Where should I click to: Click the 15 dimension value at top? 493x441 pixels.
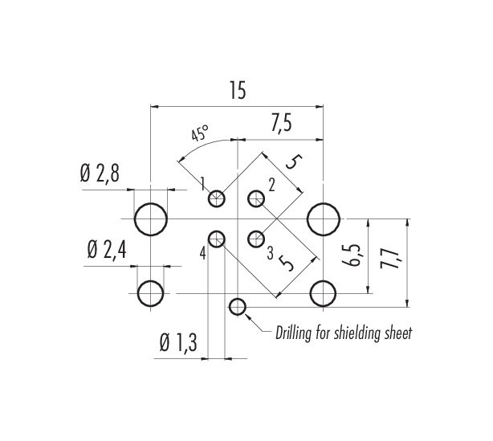[238, 90]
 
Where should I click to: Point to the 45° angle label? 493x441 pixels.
[200, 133]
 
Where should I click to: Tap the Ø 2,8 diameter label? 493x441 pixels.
[100, 174]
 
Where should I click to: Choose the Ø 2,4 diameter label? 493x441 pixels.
[107, 251]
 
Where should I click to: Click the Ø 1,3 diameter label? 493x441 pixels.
[178, 342]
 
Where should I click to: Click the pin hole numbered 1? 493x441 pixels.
[216, 198]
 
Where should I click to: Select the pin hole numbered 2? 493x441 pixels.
[256, 198]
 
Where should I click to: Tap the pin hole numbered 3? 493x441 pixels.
[256, 239]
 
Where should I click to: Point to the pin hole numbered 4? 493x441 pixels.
[216, 239]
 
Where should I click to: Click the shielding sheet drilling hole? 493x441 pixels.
[238, 307]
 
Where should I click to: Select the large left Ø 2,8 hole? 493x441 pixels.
[151, 219]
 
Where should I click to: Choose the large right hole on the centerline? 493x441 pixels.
[324, 219]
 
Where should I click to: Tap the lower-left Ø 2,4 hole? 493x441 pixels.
[151, 293]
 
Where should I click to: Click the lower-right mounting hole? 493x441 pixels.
[324, 293]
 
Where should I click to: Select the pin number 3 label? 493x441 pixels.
[270, 254]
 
